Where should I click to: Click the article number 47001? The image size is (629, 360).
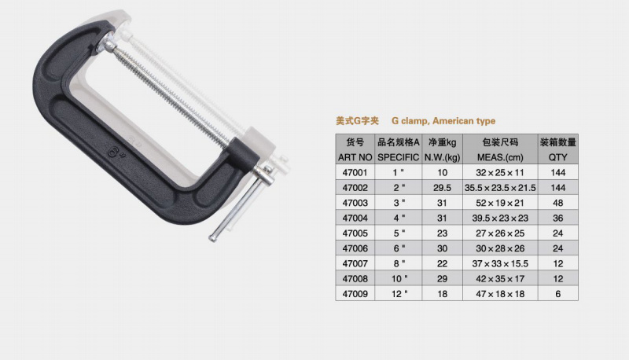[355, 172]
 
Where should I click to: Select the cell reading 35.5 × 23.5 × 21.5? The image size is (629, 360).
[500, 188]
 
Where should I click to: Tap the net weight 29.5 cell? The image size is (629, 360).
[442, 188]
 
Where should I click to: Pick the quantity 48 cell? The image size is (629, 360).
[558, 203]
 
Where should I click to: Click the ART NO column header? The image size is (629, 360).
[355, 157]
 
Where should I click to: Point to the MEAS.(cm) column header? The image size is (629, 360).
[500, 157]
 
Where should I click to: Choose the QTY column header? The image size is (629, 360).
[558, 157]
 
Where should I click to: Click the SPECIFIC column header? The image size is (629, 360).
[399, 157]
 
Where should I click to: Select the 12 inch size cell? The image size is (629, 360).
[399, 294]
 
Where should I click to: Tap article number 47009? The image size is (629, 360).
[355, 294]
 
